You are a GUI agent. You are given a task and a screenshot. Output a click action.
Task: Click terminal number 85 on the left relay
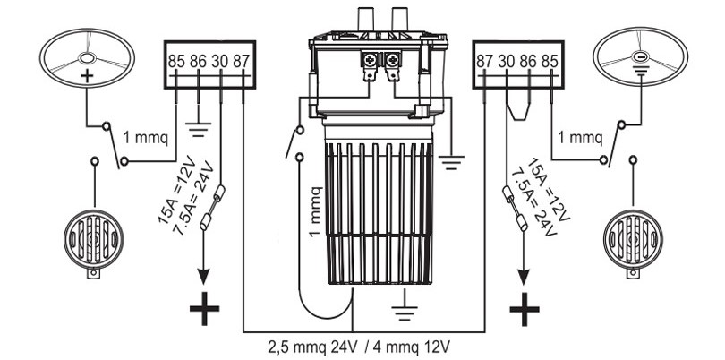point(176,63)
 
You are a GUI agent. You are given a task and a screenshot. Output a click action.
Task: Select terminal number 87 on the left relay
point(242,63)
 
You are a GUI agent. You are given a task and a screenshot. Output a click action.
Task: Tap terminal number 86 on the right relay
point(529,63)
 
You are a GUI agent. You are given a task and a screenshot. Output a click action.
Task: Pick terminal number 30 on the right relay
point(507,63)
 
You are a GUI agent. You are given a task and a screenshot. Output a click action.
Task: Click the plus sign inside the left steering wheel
point(86,74)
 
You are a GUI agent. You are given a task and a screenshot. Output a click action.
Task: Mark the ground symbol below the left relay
point(198,125)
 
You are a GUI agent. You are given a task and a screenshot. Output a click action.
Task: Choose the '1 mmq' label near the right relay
point(580,139)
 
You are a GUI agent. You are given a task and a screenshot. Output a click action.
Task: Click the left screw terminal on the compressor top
point(368,60)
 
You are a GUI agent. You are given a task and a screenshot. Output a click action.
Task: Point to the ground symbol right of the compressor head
point(454,162)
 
